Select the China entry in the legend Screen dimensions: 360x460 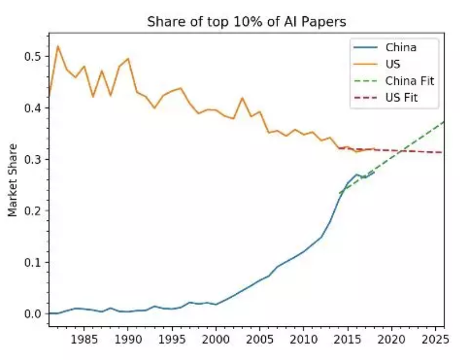click(x=401, y=47)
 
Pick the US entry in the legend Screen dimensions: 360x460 click(x=393, y=64)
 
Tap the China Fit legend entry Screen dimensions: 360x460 click(x=410, y=81)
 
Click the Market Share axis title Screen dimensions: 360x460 click(x=13, y=180)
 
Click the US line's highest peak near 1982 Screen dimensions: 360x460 click(x=58, y=46)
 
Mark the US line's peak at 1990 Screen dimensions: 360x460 click(x=128, y=58)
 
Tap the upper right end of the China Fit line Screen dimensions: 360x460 click(x=443, y=122)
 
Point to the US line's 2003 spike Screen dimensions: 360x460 click(x=242, y=98)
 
